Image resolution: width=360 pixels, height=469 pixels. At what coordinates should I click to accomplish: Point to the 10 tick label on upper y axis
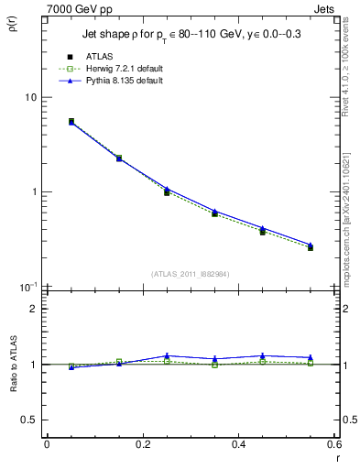(x=30, y=97)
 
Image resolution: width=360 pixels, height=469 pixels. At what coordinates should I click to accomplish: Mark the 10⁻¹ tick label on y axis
(x=29, y=286)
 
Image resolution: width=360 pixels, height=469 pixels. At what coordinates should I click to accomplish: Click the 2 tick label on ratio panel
(x=34, y=309)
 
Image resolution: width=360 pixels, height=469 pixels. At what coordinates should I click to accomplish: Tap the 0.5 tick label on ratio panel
(x=29, y=420)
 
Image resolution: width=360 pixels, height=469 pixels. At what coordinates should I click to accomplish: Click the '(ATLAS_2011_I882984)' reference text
(x=190, y=274)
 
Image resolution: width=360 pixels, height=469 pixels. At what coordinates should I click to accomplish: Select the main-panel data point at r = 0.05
(x=71, y=121)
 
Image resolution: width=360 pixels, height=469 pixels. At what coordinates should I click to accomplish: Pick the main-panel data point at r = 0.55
(x=311, y=247)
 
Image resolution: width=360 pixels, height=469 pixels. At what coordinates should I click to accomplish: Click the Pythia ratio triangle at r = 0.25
(x=167, y=355)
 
